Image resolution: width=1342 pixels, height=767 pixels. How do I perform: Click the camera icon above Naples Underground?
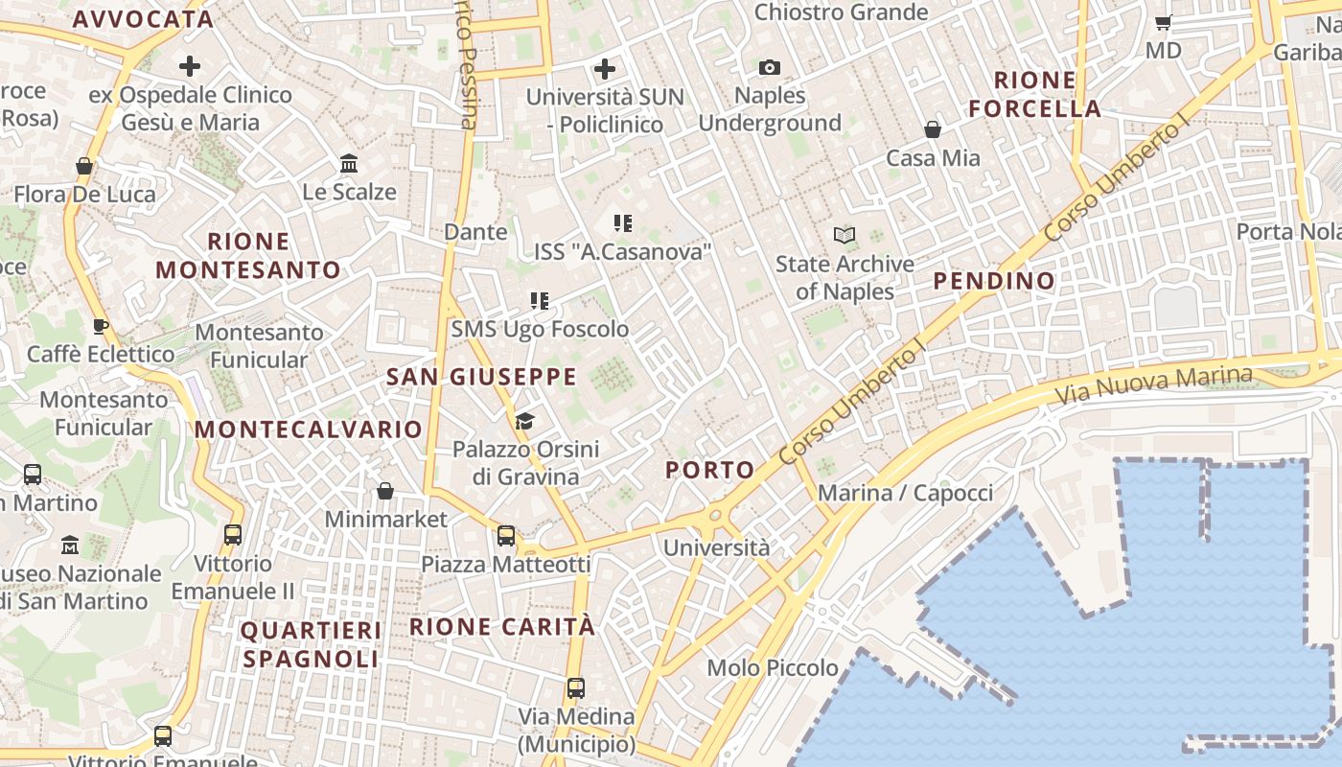(x=769, y=67)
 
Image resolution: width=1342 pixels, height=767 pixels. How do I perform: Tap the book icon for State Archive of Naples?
(x=844, y=235)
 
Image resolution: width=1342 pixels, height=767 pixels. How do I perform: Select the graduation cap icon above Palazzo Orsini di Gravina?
(x=524, y=421)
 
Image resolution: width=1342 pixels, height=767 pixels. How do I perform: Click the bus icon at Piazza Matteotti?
(x=506, y=536)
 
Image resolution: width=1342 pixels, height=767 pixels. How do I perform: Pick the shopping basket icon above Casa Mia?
(x=933, y=129)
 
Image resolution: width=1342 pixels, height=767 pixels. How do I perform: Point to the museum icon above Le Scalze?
(x=349, y=163)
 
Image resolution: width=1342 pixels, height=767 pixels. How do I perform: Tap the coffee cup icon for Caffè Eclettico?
(x=100, y=326)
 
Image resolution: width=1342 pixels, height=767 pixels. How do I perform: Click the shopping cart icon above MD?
(x=1164, y=22)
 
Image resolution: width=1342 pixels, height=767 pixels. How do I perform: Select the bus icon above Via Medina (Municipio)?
(x=575, y=687)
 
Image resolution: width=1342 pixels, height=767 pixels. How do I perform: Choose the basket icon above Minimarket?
(x=385, y=491)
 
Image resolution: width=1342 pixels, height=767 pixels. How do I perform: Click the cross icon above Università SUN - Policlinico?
(x=605, y=69)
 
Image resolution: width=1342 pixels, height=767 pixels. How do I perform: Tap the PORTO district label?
(x=710, y=470)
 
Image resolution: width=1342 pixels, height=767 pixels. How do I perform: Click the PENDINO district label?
(x=994, y=281)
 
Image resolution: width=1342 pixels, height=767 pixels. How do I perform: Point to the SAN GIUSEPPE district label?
(x=481, y=377)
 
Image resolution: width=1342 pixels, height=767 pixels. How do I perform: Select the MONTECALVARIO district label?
(x=309, y=430)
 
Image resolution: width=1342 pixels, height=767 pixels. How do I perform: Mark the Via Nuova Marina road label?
(x=1154, y=384)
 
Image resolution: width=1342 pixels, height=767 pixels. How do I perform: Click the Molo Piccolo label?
(x=773, y=667)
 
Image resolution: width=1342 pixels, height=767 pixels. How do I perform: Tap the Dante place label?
(x=475, y=231)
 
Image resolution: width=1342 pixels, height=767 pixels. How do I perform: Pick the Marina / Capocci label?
(x=905, y=493)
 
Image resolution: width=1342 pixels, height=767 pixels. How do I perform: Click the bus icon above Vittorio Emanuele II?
(x=233, y=535)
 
